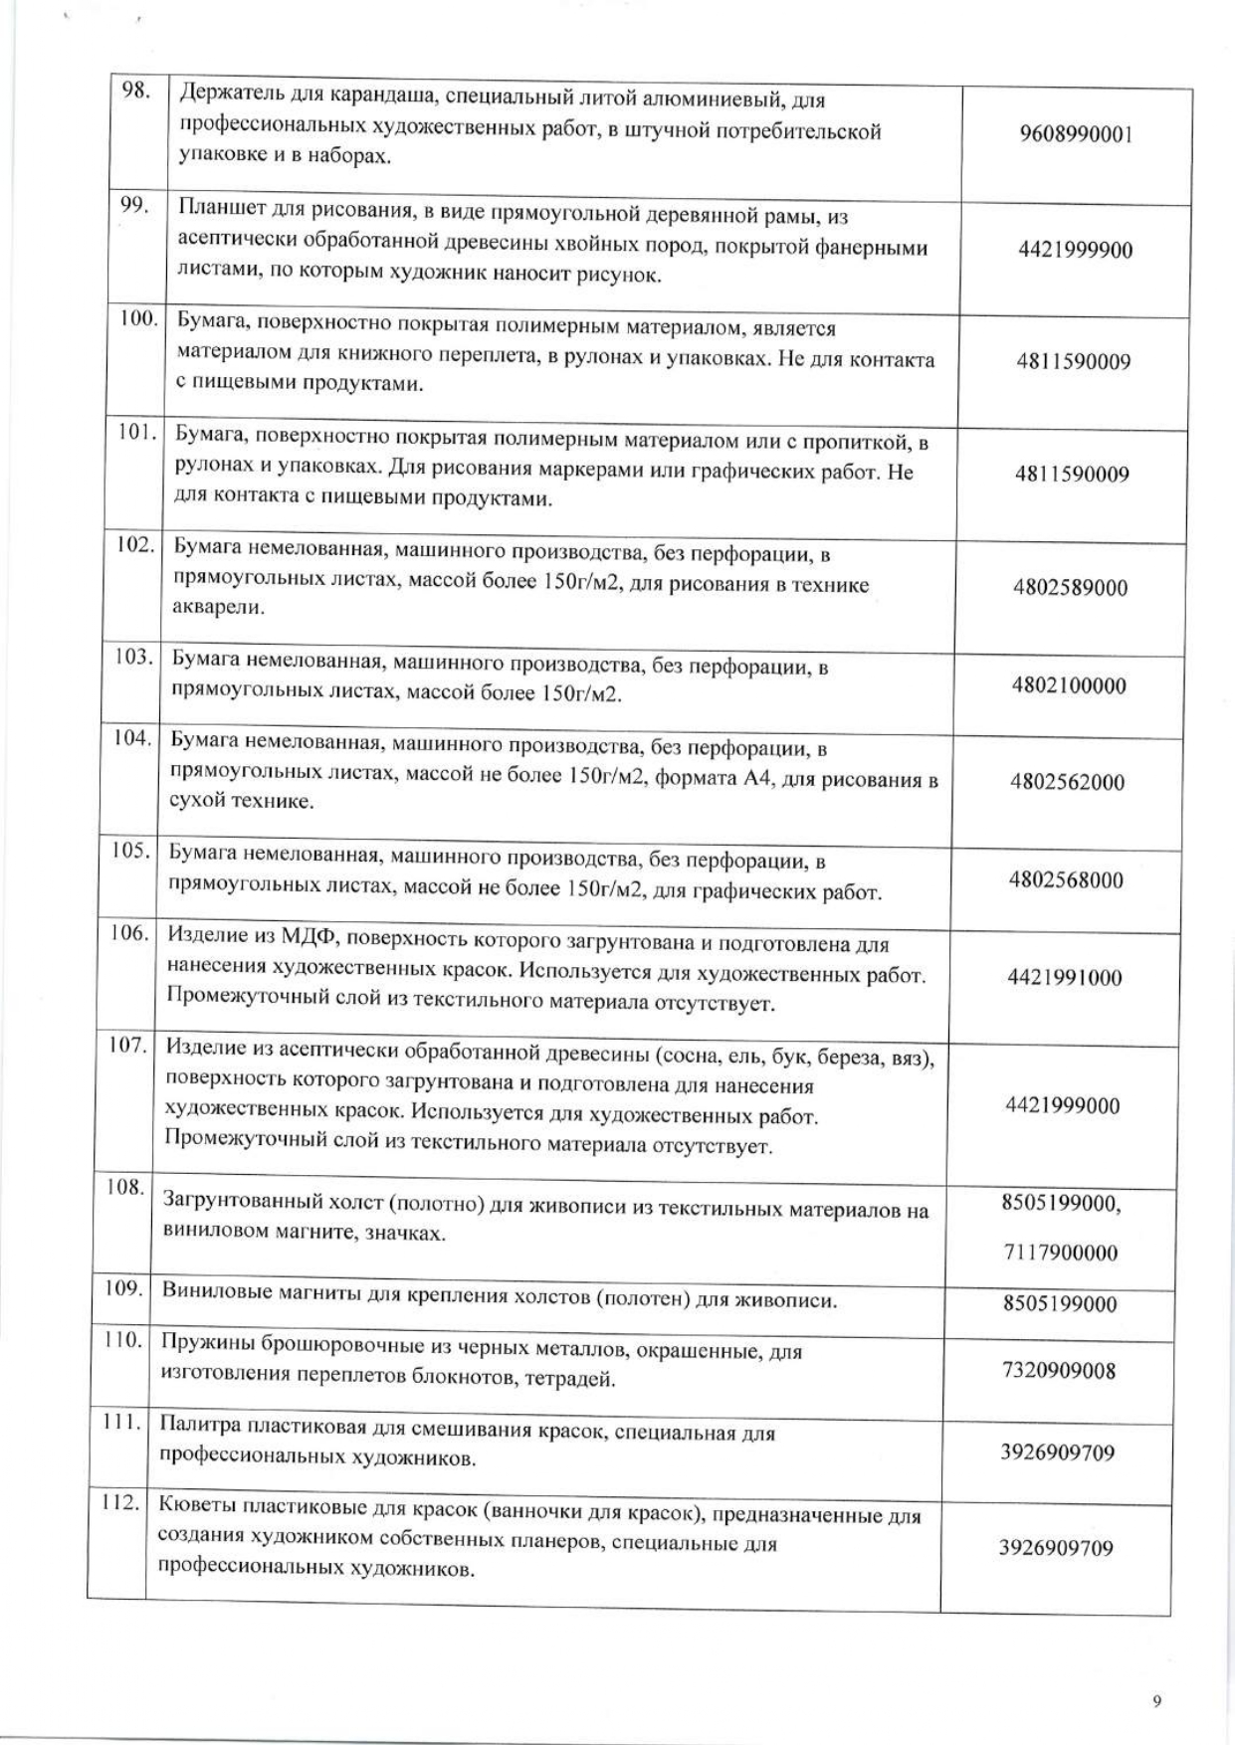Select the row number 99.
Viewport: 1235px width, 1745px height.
pyautogui.click(x=133, y=205)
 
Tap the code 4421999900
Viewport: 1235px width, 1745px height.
pyautogui.click(x=1075, y=250)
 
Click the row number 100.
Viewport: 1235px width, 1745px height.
pyautogui.click(x=138, y=318)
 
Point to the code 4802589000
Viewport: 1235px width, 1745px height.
pyautogui.click(x=1070, y=588)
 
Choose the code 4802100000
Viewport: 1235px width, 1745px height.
pyautogui.click(x=1069, y=685)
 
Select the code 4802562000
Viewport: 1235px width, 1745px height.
pyautogui.click(x=1067, y=782)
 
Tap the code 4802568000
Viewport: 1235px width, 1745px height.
pyautogui.click(x=1066, y=879)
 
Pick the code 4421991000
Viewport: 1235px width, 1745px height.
pyautogui.click(x=1064, y=977)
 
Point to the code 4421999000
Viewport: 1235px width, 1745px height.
pyautogui.click(x=1063, y=1105)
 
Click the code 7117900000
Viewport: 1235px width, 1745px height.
pyautogui.click(x=1061, y=1253)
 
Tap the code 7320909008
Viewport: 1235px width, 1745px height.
pyautogui.click(x=1059, y=1371)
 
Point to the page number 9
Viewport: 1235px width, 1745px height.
pyautogui.click(x=1156, y=1672)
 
